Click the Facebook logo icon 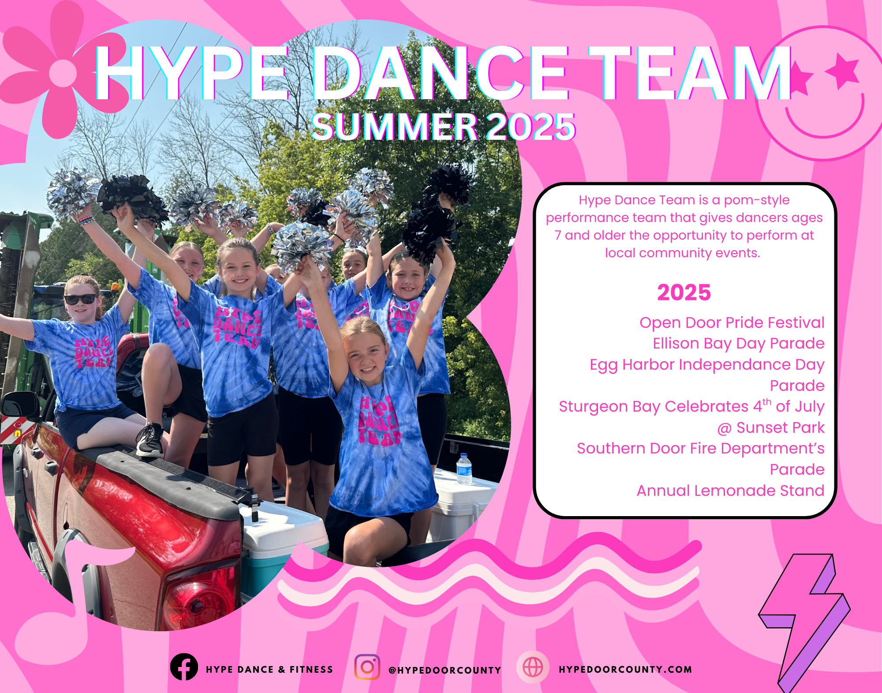pos(184,667)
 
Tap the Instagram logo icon pos(367,667)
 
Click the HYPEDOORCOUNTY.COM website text pos(625,669)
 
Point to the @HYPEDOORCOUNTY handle pos(445,670)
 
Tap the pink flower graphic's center pos(63,73)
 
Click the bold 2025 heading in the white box pos(684,292)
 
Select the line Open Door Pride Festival pos(732,322)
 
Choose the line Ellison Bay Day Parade pos(739,343)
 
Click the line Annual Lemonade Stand pos(730,491)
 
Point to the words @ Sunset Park pos(771,427)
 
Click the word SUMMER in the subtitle pos(395,127)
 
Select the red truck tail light pos(198,598)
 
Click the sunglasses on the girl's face pos(81,299)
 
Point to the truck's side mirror pos(20,405)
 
